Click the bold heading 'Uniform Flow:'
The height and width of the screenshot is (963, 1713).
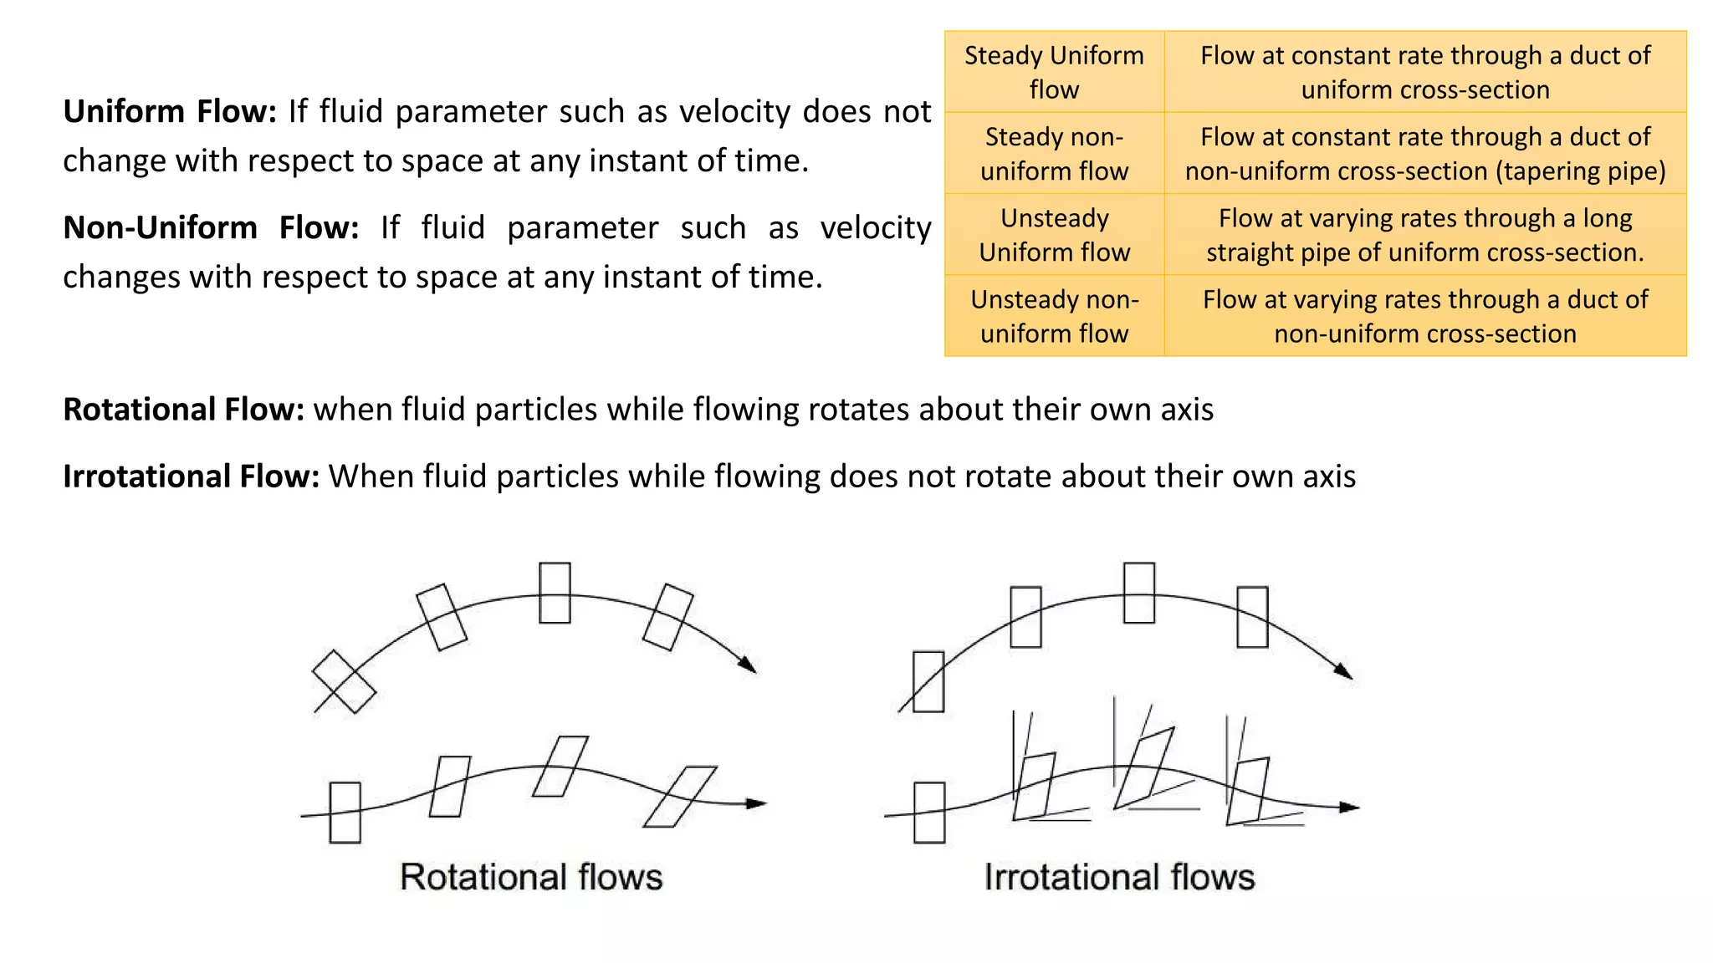[170, 111]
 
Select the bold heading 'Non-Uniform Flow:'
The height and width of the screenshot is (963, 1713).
[211, 227]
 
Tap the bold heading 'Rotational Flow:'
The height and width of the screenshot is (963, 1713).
[183, 410]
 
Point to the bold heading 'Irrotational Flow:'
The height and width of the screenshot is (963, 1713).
[191, 476]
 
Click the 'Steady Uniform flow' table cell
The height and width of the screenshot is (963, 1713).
[1054, 72]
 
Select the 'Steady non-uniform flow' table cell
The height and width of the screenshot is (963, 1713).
[1054, 154]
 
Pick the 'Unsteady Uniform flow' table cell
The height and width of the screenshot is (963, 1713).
[1054, 235]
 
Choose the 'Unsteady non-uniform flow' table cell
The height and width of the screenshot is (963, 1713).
[1054, 316]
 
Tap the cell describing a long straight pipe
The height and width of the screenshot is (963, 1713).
[1424, 235]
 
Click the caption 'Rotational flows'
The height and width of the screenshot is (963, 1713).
[531, 877]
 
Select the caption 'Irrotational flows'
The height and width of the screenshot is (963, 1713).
[1119, 877]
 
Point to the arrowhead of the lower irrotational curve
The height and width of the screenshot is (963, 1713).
[1349, 808]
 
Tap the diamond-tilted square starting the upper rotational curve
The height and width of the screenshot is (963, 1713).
[344, 682]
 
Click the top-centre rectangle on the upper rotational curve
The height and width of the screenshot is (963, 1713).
[555, 593]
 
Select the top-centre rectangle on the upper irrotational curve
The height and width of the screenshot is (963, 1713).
[1138, 593]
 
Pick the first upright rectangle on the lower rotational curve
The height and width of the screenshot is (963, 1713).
[345, 813]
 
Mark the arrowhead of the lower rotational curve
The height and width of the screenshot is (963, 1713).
[756, 803]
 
